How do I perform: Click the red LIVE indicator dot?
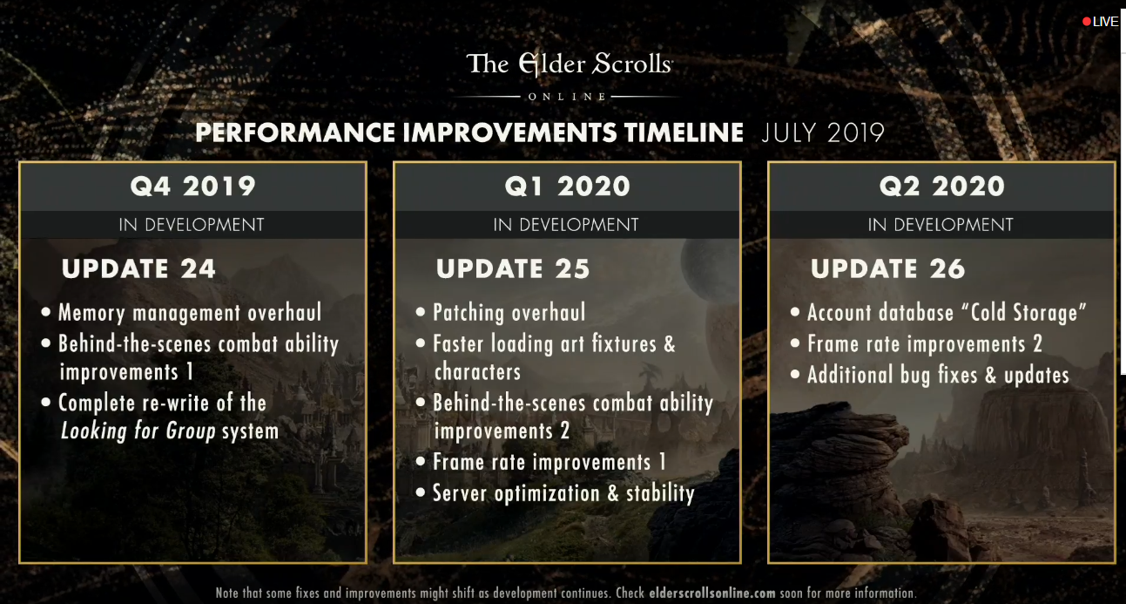[x=1086, y=22]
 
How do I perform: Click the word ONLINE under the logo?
[x=567, y=97]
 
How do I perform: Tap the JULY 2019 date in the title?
[x=823, y=132]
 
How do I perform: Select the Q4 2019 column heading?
[x=193, y=187]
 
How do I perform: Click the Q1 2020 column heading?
[x=568, y=187]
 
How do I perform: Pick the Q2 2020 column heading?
[x=942, y=187]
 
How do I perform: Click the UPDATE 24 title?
[x=138, y=268]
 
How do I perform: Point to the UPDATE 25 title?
[x=513, y=268]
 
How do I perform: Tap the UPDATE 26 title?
[x=887, y=268]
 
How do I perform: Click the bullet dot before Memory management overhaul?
[x=46, y=312]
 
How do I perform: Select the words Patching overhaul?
[x=509, y=312]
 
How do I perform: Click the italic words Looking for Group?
[x=138, y=431]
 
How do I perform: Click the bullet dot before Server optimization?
[x=421, y=492]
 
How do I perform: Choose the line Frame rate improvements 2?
[x=925, y=344]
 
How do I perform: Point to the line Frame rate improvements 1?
[x=550, y=462]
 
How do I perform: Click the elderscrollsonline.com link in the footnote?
[x=712, y=593]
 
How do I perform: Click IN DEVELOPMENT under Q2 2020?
[x=941, y=225]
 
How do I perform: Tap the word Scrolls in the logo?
[x=631, y=64]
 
